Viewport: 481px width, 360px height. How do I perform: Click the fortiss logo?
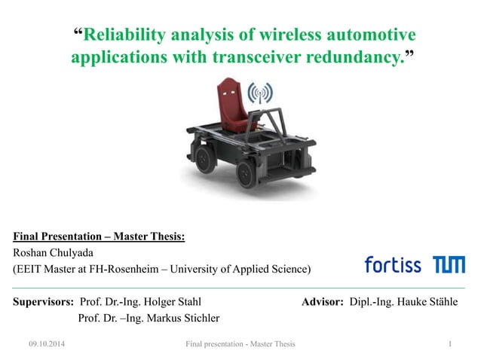(x=394, y=264)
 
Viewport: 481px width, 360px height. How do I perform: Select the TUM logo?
(x=449, y=264)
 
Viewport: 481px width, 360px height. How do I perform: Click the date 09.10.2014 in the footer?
(x=47, y=345)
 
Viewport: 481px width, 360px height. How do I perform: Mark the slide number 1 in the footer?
(x=449, y=345)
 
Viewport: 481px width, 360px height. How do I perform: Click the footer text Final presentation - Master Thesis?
(x=240, y=345)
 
